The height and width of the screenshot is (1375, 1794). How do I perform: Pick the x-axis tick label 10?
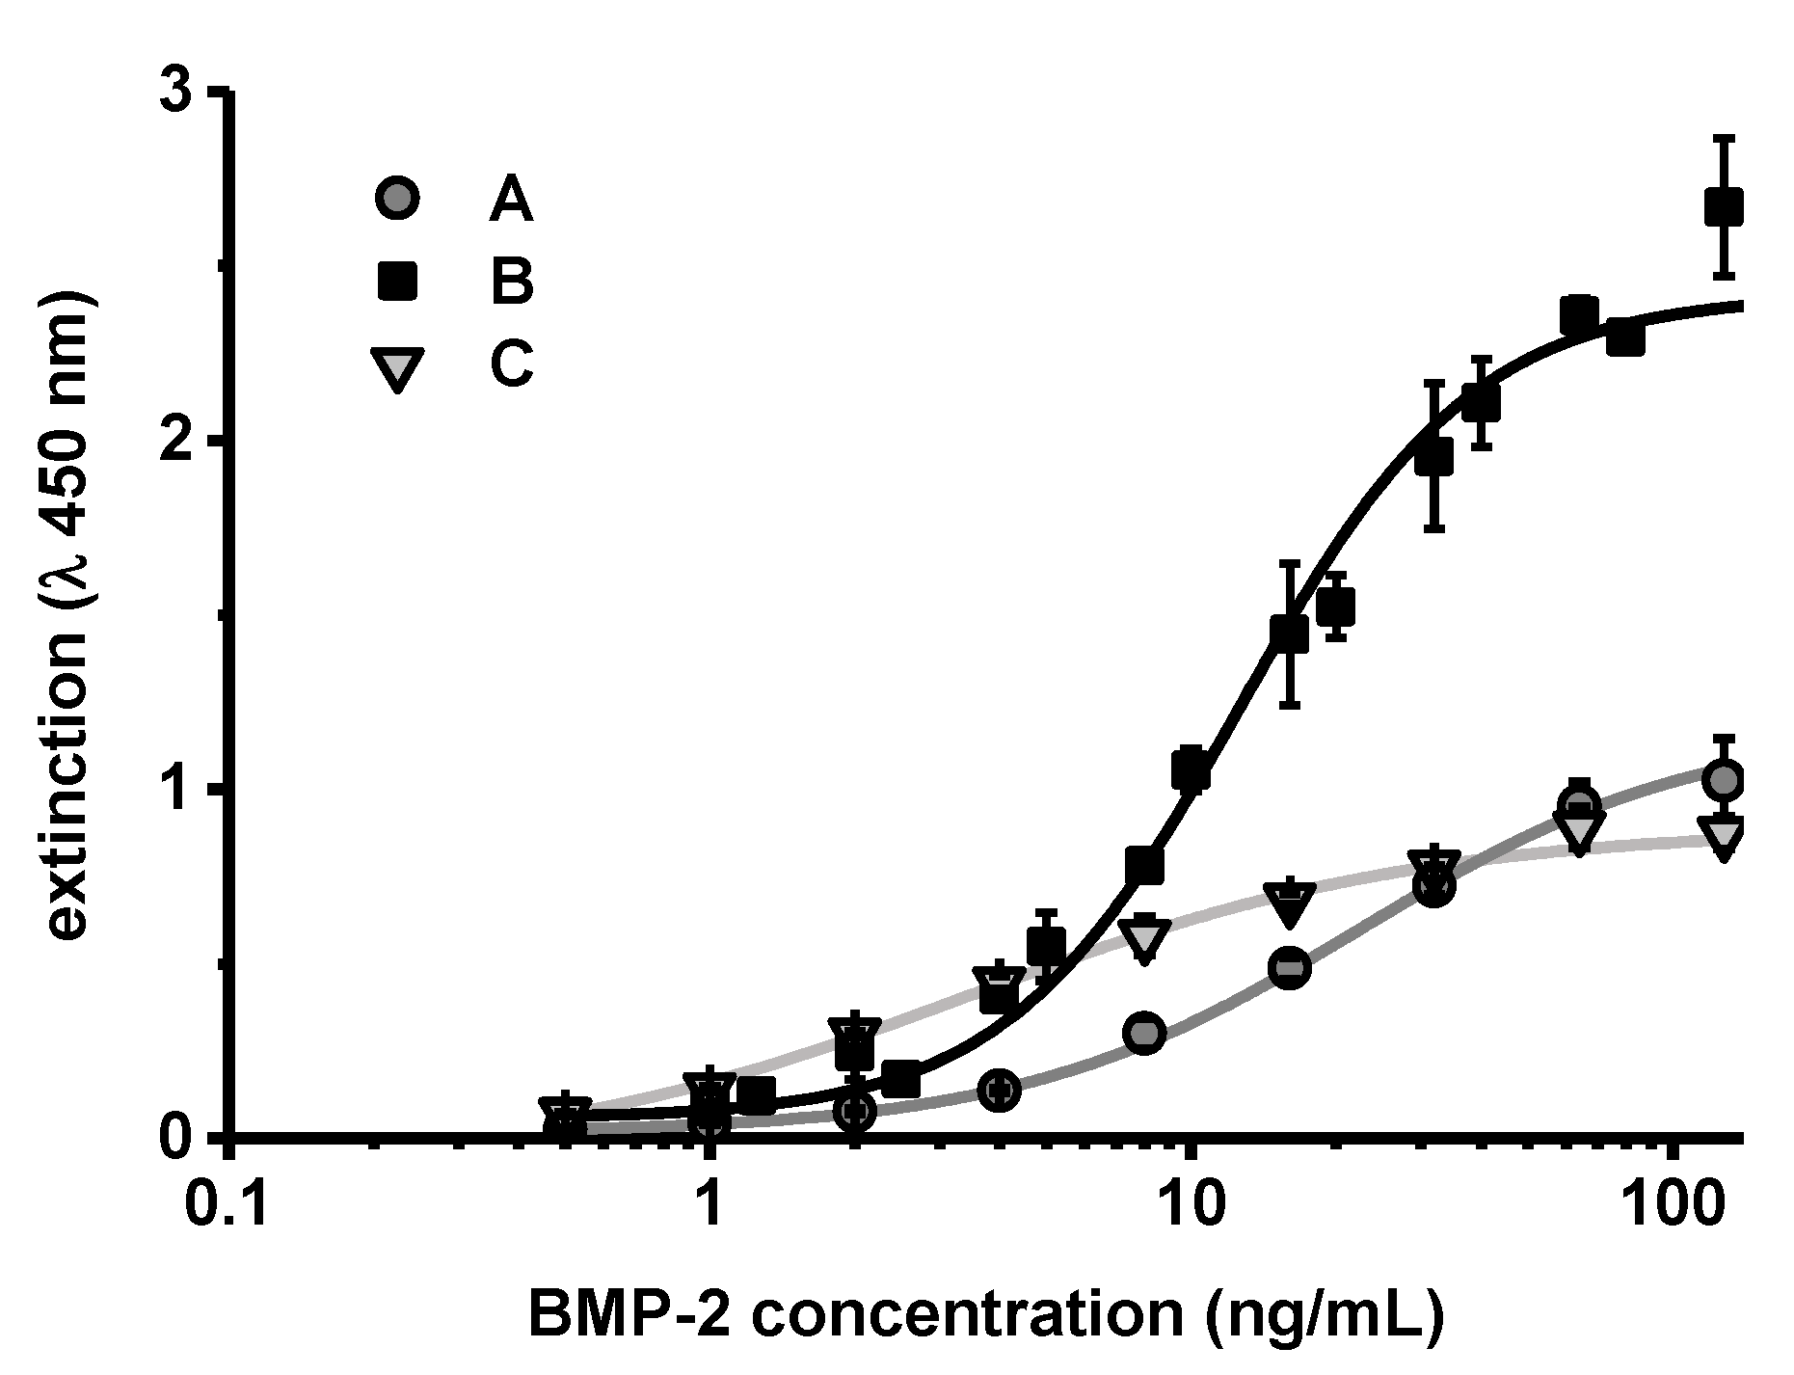[1192, 1205]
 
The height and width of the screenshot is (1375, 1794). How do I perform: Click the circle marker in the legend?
[397, 199]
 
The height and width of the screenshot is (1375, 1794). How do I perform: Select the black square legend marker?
[397, 282]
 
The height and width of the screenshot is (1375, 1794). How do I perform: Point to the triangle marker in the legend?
[397, 369]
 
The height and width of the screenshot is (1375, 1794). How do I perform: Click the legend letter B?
[511, 282]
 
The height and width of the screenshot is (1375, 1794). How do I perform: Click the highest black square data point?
[1724, 206]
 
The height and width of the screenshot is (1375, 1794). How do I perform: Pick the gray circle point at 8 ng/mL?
[1144, 1034]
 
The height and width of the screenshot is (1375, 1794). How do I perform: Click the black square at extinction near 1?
[1192, 769]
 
